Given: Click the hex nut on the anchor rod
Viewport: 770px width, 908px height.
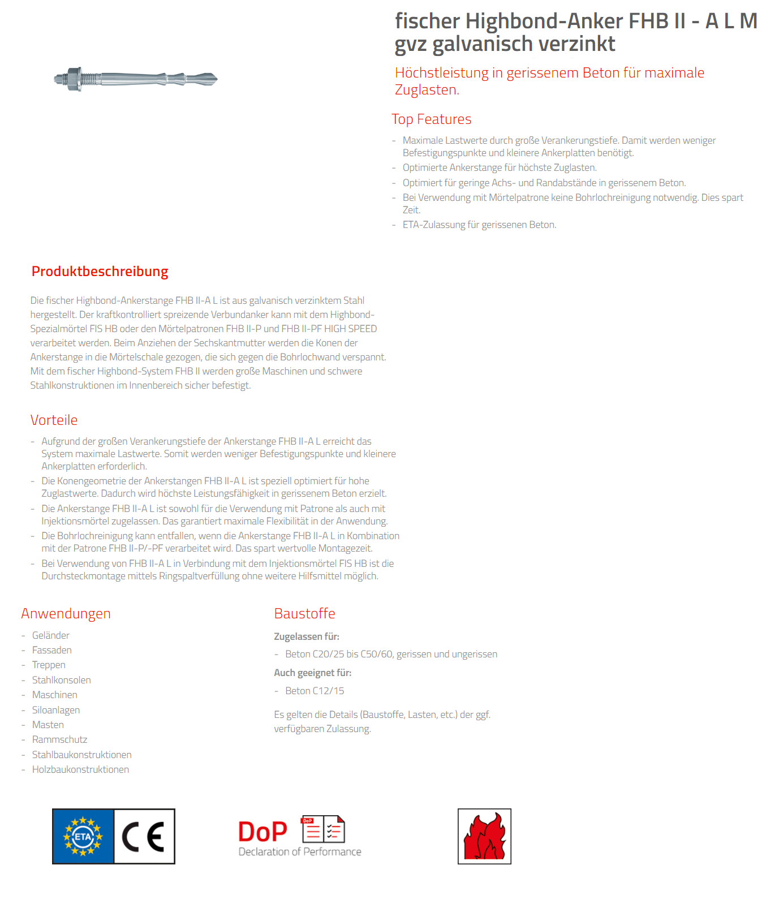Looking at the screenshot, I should click(72, 79).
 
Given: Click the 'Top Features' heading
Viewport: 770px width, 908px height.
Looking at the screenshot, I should click(431, 119).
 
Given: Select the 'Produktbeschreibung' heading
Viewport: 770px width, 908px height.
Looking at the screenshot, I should click(100, 272).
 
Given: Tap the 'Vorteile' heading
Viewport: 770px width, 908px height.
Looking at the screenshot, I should click(54, 420).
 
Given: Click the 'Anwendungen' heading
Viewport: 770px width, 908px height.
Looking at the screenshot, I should click(66, 614).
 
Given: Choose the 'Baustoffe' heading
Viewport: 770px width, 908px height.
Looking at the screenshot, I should click(304, 614).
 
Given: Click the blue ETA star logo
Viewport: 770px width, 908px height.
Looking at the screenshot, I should click(83, 836).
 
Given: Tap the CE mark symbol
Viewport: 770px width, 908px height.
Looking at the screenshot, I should click(144, 836).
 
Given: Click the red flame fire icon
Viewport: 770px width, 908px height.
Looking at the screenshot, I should click(484, 836).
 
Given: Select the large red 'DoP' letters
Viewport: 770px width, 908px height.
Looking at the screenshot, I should click(263, 832).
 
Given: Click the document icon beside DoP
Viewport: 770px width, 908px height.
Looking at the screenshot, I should click(323, 830).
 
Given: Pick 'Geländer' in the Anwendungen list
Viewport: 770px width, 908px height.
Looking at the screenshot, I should click(51, 635).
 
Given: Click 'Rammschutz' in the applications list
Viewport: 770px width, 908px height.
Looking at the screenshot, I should click(59, 739).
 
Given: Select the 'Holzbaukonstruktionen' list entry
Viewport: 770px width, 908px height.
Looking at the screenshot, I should click(80, 769).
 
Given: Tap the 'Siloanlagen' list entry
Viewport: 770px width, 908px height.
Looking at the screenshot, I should click(56, 710).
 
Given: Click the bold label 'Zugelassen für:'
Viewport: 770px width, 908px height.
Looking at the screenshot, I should click(307, 636).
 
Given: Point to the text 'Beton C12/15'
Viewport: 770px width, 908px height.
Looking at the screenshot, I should click(315, 691).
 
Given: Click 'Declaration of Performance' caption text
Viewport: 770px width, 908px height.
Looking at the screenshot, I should click(300, 852).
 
